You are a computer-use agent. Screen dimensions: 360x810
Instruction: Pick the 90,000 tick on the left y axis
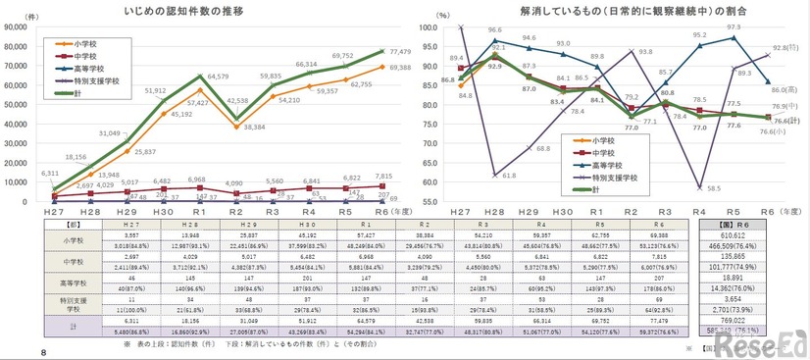coord(18,27)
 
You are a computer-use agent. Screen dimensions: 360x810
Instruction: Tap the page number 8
coord(14,352)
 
